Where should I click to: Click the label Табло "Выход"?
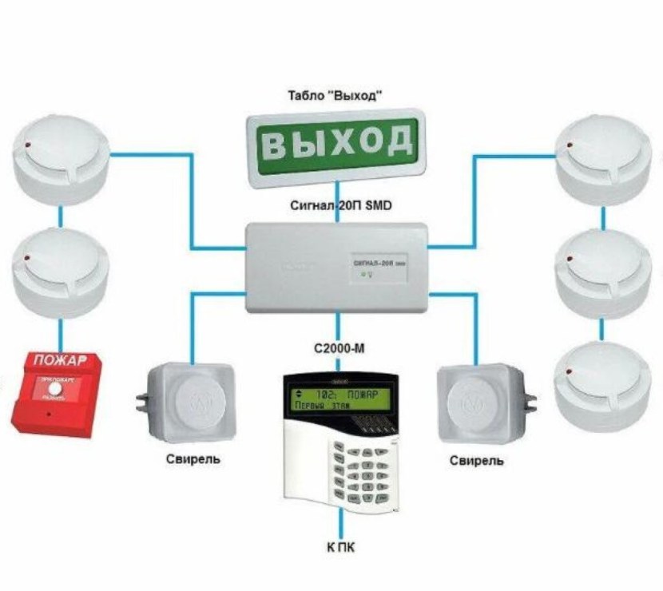pyautogui.click(x=335, y=97)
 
